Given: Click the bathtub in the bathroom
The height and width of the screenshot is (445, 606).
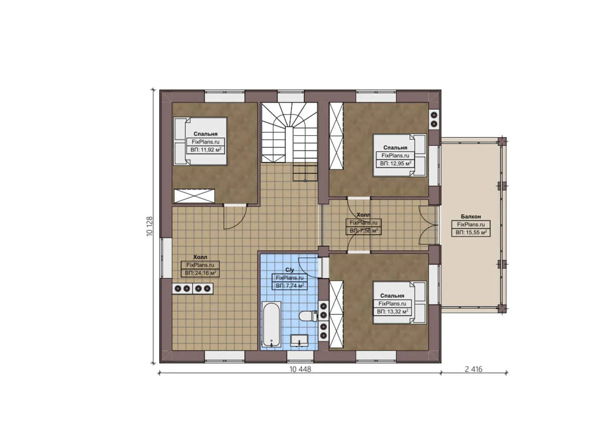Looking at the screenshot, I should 272,325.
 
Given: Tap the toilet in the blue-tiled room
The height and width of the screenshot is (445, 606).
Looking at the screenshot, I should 306,316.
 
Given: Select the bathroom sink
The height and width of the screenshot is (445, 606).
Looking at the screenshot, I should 300,341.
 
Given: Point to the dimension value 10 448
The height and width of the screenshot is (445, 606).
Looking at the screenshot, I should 300,369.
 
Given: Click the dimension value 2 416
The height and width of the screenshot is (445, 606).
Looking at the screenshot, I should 474,369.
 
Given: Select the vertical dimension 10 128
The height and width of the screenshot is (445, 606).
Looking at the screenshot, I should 150,226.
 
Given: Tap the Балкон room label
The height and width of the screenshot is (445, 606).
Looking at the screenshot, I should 471,216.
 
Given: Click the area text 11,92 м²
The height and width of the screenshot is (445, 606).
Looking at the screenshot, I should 206,150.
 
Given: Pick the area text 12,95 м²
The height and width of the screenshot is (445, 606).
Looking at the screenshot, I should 395,164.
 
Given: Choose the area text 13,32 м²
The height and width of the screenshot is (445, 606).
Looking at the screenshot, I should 392,311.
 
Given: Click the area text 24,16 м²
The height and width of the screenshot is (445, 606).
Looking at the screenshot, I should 200,273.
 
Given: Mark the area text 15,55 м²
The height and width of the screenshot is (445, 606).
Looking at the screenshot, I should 471,232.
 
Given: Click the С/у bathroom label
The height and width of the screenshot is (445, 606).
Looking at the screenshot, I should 290,270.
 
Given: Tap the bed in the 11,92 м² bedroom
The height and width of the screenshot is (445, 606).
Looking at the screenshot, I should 200,141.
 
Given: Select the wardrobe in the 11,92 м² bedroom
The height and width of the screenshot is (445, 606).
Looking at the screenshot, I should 195,196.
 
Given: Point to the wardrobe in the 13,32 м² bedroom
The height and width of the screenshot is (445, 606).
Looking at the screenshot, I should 336,314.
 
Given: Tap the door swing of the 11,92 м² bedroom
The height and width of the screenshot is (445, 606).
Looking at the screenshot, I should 235,217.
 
